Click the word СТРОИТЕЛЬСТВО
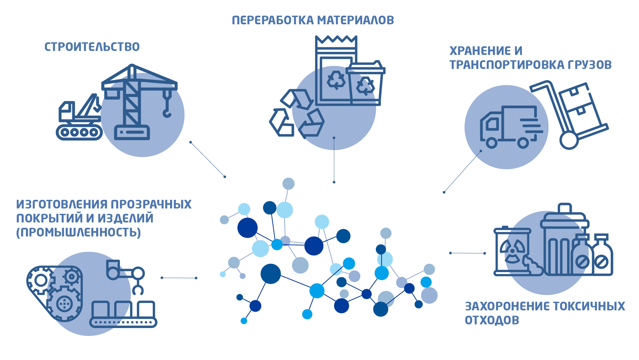click(92, 47)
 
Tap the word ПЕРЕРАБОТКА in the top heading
click(272, 20)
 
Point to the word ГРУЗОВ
click(589, 65)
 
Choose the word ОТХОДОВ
click(492, 320)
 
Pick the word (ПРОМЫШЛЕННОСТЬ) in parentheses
click(79, 232)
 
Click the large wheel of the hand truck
click(569, 141)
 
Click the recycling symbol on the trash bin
click(365, 86)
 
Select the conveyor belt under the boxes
click(123, 322)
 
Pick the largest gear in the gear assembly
click(64, 303)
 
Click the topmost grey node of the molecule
click(289, 183)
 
